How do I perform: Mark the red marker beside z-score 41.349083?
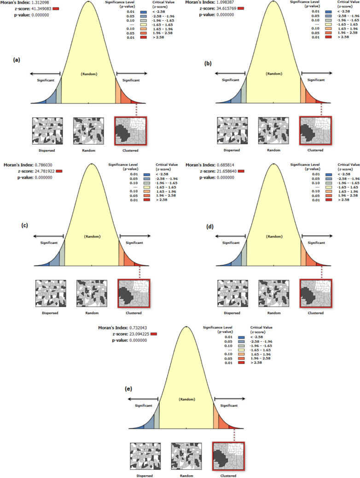pyautogui.click(x=56, y=9)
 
